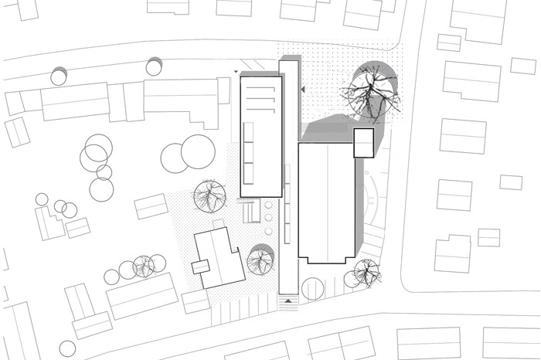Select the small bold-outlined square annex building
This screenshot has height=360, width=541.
[x=364, y=144]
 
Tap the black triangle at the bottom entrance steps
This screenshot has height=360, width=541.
[x=288, y=300]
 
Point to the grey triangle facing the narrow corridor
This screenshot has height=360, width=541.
[x=304, y=90]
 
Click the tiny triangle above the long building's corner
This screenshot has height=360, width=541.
[x=236, y=71]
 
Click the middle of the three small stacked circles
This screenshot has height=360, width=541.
[x=268, y=219]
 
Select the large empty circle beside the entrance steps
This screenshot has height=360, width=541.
[x=314, y=289]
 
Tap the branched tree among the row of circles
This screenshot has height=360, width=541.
[x=143, y=267]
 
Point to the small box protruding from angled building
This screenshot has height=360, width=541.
[x=201, y=267]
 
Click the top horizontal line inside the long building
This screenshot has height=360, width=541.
[x=260, y=89]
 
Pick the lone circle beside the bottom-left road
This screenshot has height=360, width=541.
[x=67, y=348]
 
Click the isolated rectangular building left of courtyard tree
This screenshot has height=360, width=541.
[x=151, y=206]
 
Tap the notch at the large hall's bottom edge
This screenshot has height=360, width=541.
[x=327, y=260]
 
